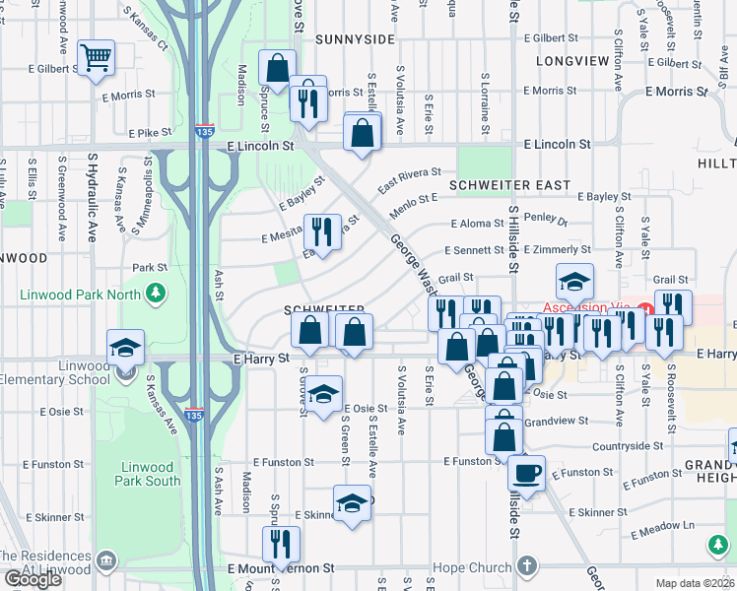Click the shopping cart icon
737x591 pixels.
pyautogui.click(x=96, y=58)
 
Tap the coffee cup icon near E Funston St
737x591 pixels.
pyautogui.click(x=526, y=445)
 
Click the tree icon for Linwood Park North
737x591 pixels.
pyautogui.click(x=155, y=293)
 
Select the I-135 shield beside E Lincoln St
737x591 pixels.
pyautogui.click(x=202, y=130)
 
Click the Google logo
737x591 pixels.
pyautogui.click(x=33, y=579)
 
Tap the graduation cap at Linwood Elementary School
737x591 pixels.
pyautogui.click(x=126, y=348)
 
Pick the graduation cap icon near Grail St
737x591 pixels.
pyautogui.click(x=574, y=282)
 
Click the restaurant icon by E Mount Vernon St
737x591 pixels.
pyautogui.click(x=281, y=544)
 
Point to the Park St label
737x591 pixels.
pyautogui.click(x=150, y=267)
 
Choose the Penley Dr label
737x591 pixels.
pyautogui.click(x=546, y=222)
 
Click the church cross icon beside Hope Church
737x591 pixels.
pyautogui.click(x=527, y=566)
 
